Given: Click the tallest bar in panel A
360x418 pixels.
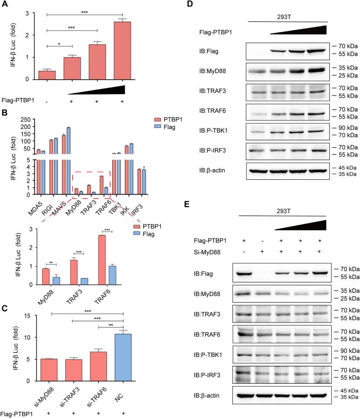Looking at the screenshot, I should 122,51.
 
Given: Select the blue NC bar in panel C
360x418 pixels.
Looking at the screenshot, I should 123,357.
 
